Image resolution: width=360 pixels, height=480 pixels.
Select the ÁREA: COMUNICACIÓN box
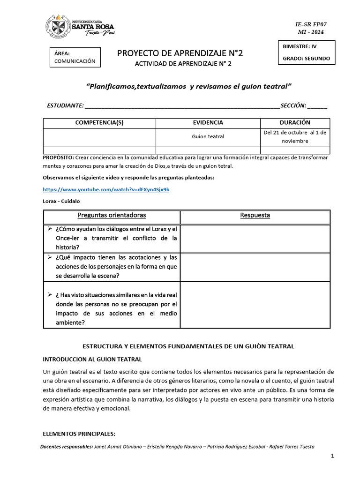pos(75,57)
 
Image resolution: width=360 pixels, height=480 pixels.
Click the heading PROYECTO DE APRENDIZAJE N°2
pos(180,53)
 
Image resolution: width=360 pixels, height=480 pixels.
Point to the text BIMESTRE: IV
pos(300,47)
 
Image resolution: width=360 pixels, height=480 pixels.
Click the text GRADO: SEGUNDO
pos(306,59)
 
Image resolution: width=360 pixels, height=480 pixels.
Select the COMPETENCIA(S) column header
pos(99,122)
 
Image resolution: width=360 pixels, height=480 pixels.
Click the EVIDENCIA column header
pos(208,122)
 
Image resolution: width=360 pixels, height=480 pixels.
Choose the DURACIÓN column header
pos(295,122)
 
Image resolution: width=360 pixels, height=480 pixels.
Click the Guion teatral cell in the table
pos(208,136)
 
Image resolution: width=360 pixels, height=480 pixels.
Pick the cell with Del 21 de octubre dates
pos(295,136)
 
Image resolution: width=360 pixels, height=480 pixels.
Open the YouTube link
pos(106,189)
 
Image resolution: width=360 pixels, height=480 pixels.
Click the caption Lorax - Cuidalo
pos(61,201)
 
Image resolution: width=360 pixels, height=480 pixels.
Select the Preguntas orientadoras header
pos(112,215)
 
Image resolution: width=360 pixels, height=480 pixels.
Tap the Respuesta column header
pos(255,215)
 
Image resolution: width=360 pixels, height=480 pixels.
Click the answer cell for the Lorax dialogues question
pos(255,238)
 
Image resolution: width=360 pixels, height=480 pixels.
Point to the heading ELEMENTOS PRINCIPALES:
pos(79,433)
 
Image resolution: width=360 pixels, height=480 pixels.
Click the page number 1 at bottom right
pos(332,456)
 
